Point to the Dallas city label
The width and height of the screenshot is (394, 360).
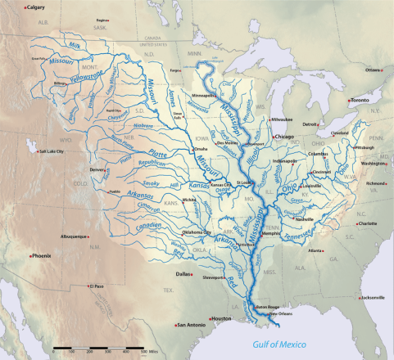(x=182, y=273)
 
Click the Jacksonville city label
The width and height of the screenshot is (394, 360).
(x=367, y=298)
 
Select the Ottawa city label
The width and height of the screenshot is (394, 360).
(x=373, y=70)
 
